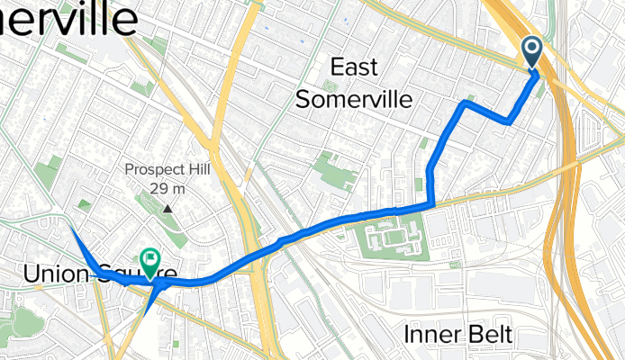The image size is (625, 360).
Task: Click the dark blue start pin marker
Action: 531,52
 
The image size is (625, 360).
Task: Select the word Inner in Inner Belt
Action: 432,335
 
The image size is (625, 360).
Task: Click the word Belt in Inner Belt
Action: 490,335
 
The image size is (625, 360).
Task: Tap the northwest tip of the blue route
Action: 71,229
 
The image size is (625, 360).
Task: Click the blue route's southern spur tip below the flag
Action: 144,314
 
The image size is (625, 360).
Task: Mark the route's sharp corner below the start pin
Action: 510,121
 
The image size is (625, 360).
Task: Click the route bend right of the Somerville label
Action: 464,103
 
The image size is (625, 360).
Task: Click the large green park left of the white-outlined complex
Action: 334,171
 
